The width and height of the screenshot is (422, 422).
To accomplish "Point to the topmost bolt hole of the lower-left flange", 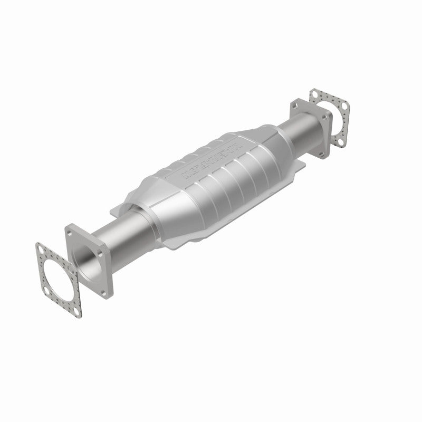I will (69, 231).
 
